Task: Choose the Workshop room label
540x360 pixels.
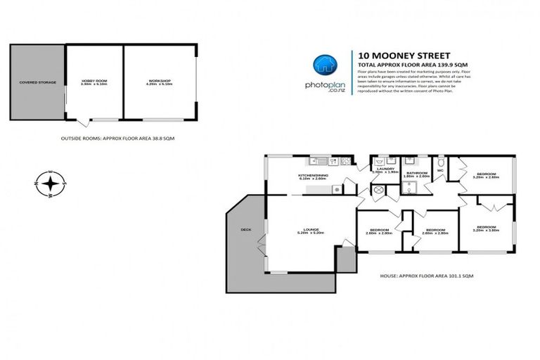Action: click(x=159, y=82)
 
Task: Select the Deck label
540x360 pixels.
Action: click(x=245, y=229)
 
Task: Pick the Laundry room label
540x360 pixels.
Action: click(x=384, y=169)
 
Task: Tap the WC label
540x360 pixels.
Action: click(x=441, y=169)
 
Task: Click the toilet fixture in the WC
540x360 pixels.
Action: click(x=441, y=160)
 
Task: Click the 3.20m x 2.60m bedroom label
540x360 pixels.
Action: click(x=487, y=175)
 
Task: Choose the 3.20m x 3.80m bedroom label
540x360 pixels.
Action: click(x=487, y=228)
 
